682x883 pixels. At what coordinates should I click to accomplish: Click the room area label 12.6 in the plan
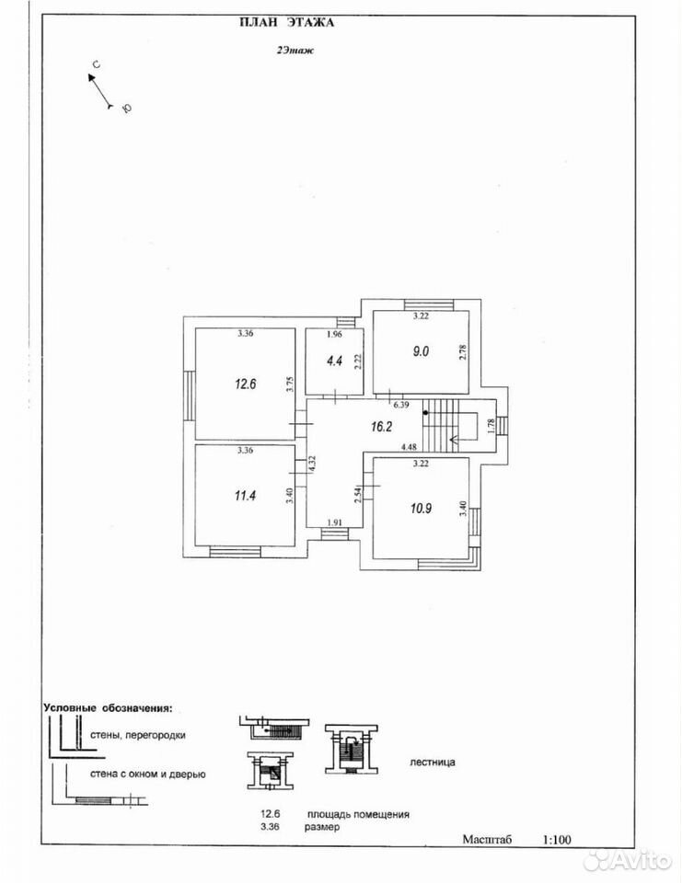pyautogui.click(x=246, y=384)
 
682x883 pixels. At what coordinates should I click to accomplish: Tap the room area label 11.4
pyautogui.click(x=245, y=496)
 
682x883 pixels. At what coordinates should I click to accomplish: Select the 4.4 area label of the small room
pyautogui.click(x=335, y=361)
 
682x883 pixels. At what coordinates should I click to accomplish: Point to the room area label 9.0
pyautogui.click(x=421, y=351)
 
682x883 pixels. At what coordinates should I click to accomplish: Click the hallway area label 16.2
pyautogui.click(x=381, y=427)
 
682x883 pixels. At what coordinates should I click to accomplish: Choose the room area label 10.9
pyautogui.click(x=421, y=508)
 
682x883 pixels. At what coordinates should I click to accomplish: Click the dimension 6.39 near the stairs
pyautogui.click(x=400, y=405)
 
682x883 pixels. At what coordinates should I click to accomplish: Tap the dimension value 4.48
pyautogui.click(x=409, y=448)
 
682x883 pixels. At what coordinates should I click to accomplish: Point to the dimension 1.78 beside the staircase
pyautogui.click(x=491, y=426)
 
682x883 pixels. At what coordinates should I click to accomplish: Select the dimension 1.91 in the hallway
pyautogui.click(x=335, y=522)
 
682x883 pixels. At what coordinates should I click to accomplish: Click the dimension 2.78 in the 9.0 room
pyautogui.click(x=463, y=352)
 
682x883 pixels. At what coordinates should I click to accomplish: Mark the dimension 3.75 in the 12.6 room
pyautogui.click(x=289, y=384)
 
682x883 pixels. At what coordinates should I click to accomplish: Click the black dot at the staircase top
pyautogui.click(x=425, y=412)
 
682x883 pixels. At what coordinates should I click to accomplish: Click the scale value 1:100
pyautogui.click(x=556, y=840)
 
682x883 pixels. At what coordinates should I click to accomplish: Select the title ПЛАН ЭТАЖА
pyautogui.click(x=287, y=22)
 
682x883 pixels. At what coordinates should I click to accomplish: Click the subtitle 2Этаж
pyautogui.click(x=295, y=50)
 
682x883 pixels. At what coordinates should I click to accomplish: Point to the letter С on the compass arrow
pyautogui.click(x=96, y=65)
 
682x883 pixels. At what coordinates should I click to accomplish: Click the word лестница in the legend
pyautogui.click(x=433, y=763)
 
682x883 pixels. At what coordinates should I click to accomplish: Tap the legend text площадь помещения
pyautogui.click(x=358, y=814)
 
